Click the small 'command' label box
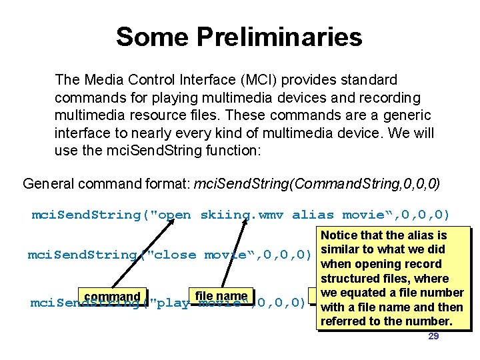point(112,297)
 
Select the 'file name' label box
point(221,296)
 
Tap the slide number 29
point(433,336)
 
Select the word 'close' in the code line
point(175,255)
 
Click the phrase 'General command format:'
point(105,183)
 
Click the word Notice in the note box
point(340,235)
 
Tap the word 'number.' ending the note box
point(429,321)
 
